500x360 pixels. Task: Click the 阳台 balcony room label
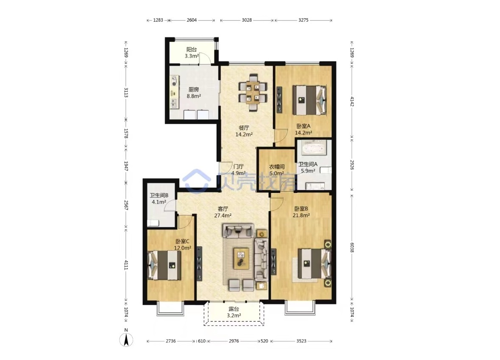192,50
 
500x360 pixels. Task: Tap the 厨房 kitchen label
194,89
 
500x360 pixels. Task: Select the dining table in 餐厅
253,92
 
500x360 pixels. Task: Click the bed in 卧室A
310,100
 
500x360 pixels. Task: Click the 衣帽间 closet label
277,167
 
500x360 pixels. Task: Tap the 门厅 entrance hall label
239,167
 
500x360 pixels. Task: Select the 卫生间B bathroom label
159,195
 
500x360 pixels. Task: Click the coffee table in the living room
241,258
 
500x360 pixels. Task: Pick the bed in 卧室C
164,265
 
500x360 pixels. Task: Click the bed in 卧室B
315,263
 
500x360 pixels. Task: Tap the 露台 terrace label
234,309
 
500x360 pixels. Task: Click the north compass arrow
126,340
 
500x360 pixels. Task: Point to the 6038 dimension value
352,247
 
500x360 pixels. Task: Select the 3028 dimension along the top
247,20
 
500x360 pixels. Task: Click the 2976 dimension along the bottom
234,341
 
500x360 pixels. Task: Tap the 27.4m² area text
223,215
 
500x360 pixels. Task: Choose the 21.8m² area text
301,215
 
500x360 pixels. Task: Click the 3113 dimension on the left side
126,92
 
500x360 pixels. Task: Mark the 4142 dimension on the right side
352,101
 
